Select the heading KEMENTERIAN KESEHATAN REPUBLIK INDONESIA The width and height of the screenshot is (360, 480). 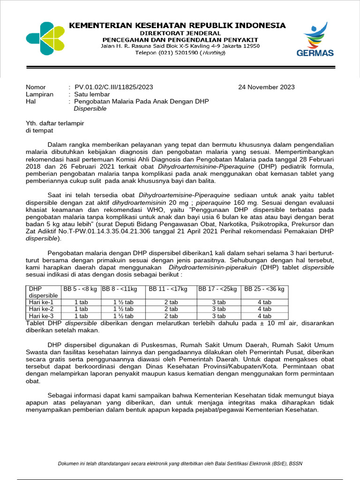pos(177,25)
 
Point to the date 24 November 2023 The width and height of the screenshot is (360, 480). pos(266,87)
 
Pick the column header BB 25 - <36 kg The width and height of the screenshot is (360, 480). pos(264,289)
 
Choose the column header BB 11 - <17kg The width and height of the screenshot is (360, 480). pos(168,289)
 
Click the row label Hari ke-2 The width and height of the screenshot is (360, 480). pos(41,309)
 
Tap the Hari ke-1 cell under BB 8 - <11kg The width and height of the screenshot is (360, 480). pos(124,302)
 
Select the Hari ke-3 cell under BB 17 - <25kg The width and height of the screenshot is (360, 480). pos(218,315)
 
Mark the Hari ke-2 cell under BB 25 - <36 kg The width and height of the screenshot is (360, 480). pos(264,309)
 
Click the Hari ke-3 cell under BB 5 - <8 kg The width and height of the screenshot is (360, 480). pos(81,315)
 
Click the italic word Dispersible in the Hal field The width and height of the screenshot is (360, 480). pos(90,109)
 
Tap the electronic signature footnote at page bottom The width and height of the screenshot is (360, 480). pos(180,464)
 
